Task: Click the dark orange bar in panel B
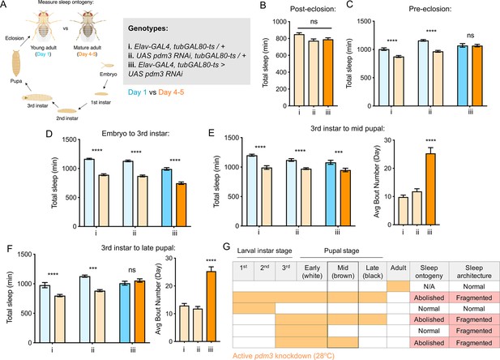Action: click(328, 72)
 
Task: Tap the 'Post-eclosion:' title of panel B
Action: click(313, 9)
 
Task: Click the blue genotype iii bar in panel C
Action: click(463, 75)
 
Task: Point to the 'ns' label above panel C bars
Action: click(470, 36)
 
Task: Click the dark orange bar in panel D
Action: click(182, 205)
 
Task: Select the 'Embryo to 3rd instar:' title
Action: click(135, 134)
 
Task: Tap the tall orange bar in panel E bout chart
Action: click(430, 189)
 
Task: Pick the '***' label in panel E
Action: click(338, 152)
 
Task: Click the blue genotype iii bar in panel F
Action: click(125, 313)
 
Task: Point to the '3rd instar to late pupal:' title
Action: click(139, 247)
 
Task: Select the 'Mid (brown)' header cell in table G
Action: click(343, 272)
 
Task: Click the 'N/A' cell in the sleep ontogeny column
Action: click(429, 286)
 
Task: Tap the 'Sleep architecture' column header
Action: click(474, 272)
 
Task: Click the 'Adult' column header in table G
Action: click(398, 268)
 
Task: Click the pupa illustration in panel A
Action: click(16, 63)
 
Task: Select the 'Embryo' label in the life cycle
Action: click(109, 74)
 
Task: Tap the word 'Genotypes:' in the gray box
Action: click(148, 28)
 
